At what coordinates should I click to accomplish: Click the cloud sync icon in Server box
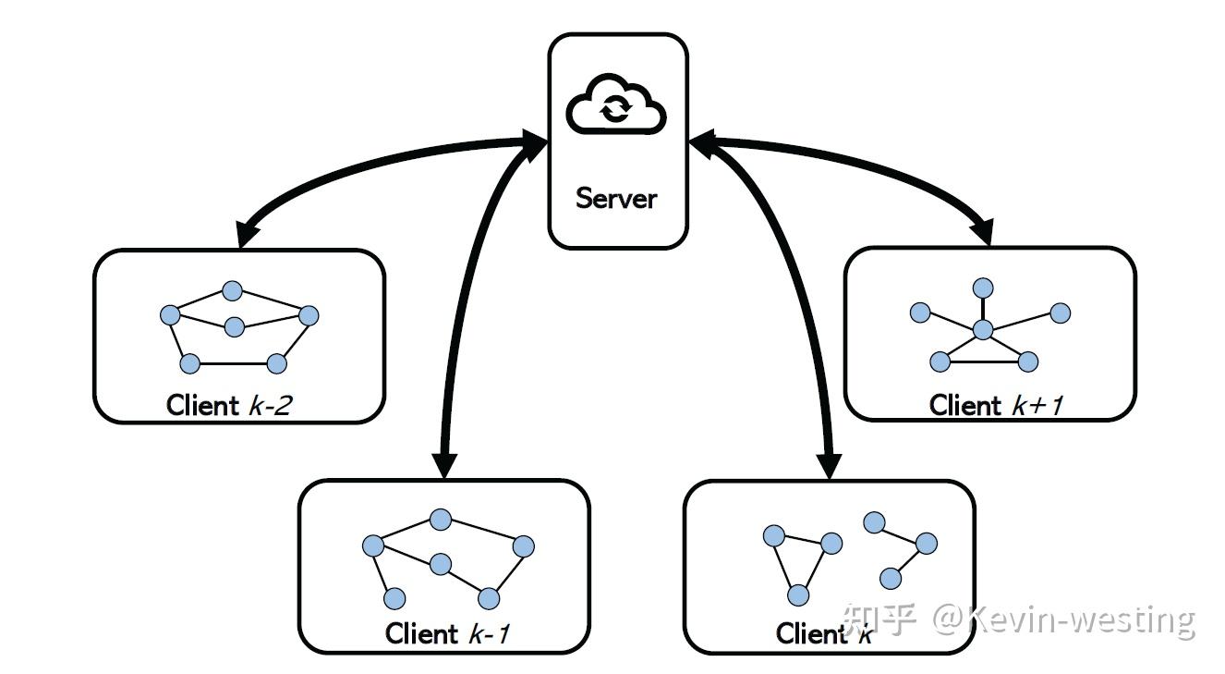click(x=616, y=103)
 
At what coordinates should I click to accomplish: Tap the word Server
click(x=616, y=198)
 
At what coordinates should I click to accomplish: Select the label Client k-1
click(x=447, y=634)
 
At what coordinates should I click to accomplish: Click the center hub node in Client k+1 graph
click(x=983, y=329)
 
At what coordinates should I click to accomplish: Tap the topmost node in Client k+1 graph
click(x=983, y=288)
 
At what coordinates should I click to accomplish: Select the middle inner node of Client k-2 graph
click(x=235, y=326)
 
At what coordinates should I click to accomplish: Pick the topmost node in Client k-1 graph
click(x=441, y=520)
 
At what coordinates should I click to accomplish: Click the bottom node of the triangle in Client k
click(x=799, y=595)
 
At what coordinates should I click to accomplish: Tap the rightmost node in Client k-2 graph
click(x=309, y=316)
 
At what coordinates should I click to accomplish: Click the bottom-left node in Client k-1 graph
click(x=394, y=598)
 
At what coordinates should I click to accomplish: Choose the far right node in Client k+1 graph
click(x=1060, y=313)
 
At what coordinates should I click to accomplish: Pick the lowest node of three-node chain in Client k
click(x=891, y=579)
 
